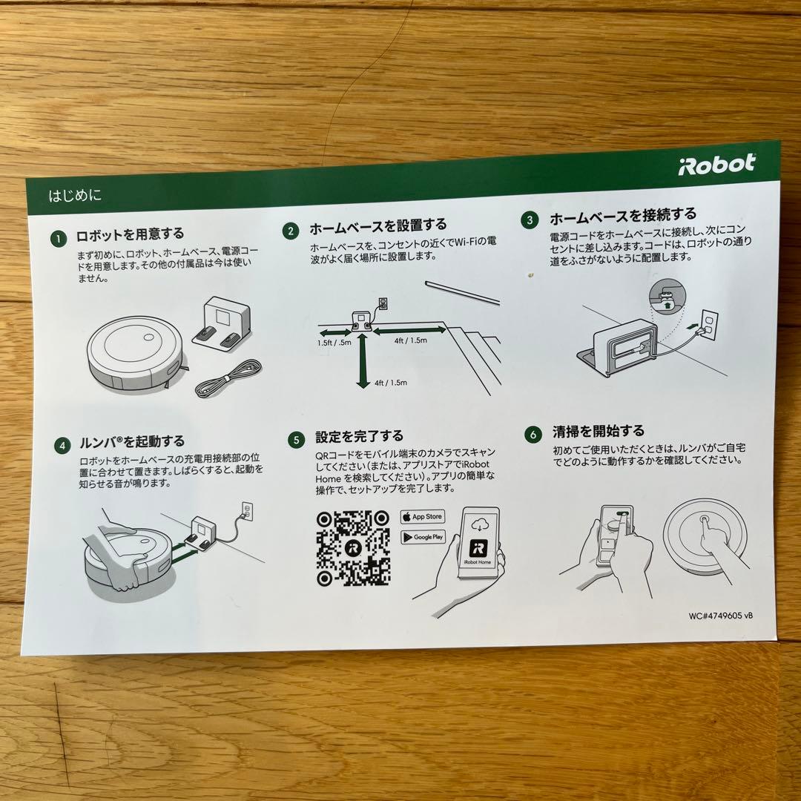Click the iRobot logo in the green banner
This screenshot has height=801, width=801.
pos(716,164)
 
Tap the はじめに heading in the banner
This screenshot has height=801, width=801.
pos(75,197)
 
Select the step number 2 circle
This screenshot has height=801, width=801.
pos(291,231)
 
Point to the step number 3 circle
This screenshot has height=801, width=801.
pos(530,220)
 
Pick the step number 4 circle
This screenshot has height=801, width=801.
pos(62,446)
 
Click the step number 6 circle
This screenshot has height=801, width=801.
pos(532,435)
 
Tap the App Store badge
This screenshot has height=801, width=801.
pos(422,516)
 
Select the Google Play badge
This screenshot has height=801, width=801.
pos(423,536)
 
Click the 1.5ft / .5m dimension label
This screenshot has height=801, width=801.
pos(335,343)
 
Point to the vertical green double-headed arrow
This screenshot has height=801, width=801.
pos(362,360)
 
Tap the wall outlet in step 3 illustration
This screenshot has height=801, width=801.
pos(708,324)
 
